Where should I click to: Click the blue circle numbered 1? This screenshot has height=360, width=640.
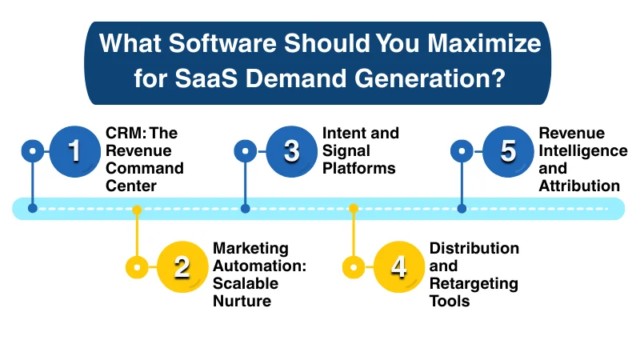coord(74,150)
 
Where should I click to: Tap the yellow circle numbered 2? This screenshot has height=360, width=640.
coord(182,266)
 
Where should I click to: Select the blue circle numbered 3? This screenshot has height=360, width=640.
coord(291,150)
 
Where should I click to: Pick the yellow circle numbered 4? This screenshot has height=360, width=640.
coord(398,266)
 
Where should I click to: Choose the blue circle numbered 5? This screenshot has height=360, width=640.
coord(508,150)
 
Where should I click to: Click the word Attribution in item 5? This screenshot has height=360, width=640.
coord(579,186)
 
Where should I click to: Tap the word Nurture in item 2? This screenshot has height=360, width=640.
coord(242,301)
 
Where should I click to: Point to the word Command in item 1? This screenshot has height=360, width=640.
coord(145,169)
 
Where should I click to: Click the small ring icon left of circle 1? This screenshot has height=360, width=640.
coord(33,150)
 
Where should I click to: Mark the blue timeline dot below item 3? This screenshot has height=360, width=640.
coord(246,209)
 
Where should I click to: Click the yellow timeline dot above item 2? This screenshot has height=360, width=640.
coord(137,210)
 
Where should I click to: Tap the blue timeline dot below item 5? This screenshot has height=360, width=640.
coord(462,209)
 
